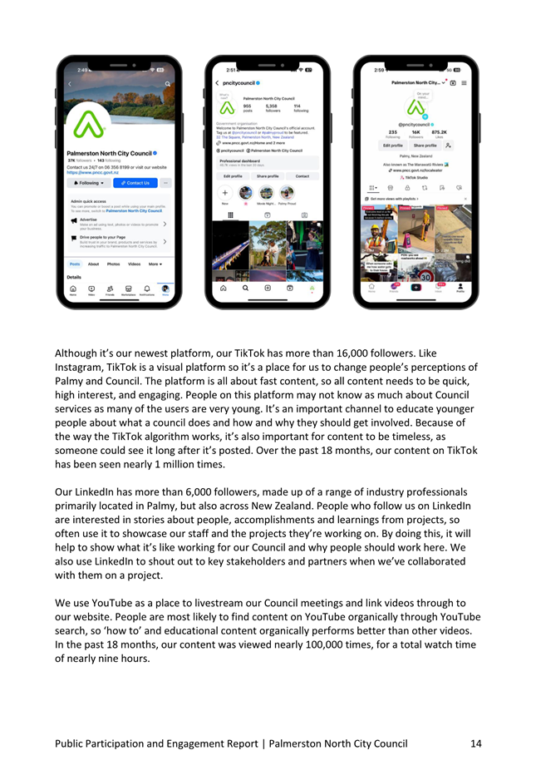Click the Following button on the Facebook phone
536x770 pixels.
click(89, 183)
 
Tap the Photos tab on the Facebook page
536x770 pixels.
click(114, 264)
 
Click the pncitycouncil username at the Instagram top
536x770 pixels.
click(239, 83)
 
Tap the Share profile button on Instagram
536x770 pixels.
click(268, 176)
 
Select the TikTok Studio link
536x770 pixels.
click(411, 177)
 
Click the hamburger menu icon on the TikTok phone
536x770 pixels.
click(464, 83)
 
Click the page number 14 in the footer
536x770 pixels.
click(475, 743)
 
